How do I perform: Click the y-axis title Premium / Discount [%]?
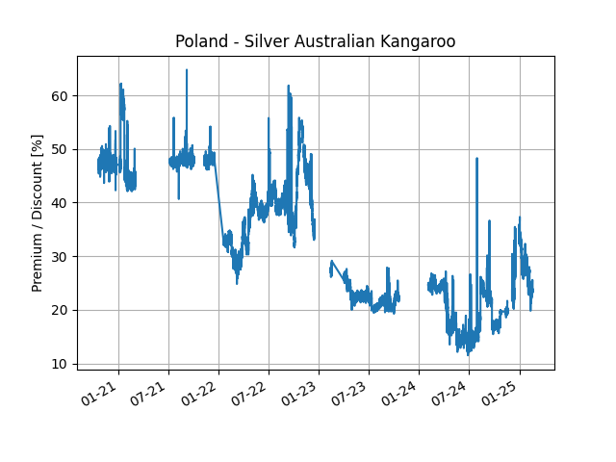(x=38, y=213)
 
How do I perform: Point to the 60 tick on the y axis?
(x=60, y=95)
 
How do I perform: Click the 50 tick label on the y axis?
(x=60, y=149)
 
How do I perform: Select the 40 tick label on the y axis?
(x=60, y=203)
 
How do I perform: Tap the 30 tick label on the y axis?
(x=60, y=256)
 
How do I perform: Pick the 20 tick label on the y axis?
(x=60, y=310)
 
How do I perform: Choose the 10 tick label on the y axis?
(x=60, y=364)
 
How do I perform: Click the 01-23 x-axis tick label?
(x=304, y=393)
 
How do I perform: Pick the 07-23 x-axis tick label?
(x=354, y=393)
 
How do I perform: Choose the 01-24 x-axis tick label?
(x=404, y=393)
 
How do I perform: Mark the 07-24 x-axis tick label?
(x=454, y=393)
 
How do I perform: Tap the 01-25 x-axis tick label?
(x=505, y=393)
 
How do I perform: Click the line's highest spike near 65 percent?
(x=187, y=70)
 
